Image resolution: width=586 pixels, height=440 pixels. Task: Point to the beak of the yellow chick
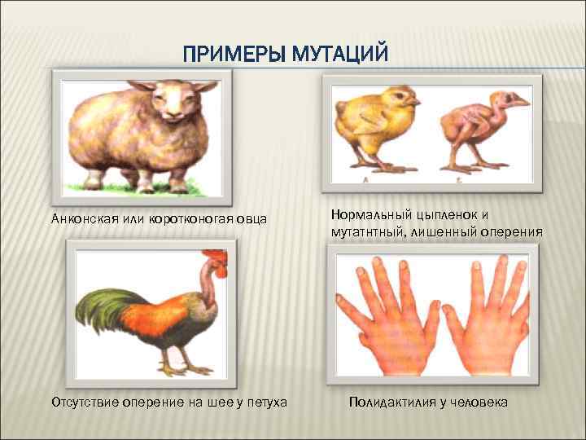tap(417, 102)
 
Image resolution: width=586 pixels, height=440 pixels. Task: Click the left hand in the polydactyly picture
tap(387, 318)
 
